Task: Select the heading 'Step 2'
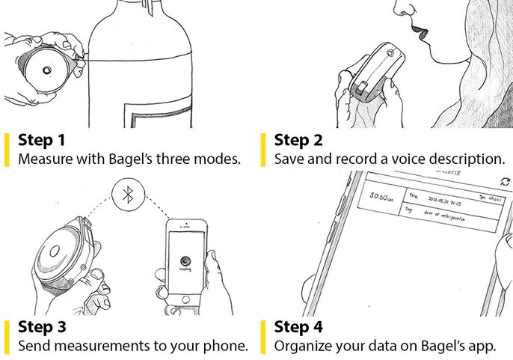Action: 299,140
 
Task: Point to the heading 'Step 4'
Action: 300,327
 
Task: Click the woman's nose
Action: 401,9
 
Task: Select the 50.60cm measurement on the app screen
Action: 380,198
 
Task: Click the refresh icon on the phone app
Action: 506,182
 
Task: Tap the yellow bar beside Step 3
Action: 7,335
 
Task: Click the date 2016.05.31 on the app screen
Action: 443,201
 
